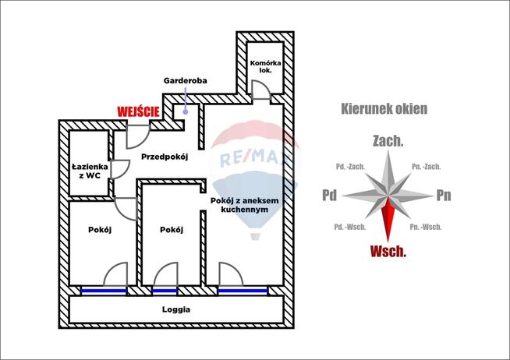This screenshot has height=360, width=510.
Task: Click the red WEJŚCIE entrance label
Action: click(138, 111)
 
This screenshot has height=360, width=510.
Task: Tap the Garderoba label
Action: click(184, 80)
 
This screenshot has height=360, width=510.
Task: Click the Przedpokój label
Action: click(165, 157)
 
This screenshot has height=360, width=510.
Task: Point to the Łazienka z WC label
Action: click(87, 171)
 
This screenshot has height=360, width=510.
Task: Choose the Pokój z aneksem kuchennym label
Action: click(245, 206)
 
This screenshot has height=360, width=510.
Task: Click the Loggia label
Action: click(176, 309)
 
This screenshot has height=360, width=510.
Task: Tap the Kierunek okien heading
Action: click(384, 109)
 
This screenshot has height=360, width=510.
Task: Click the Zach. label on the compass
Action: click(388, 141)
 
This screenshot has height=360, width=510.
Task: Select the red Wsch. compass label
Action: click(388, 251)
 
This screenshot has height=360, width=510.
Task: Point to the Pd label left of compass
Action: click(329, 196)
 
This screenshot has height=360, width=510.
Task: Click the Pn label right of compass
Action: click(444, 196)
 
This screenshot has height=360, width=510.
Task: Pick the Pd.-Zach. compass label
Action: click(350, 166)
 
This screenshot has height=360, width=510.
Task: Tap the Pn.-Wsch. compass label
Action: click(426, 227)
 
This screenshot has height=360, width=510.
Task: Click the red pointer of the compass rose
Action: click(388, 218)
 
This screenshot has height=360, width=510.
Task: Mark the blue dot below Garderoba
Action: click(186, 111)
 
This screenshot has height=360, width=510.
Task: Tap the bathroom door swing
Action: click(120, 169)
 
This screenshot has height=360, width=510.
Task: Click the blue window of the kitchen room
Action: click(243, 291)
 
